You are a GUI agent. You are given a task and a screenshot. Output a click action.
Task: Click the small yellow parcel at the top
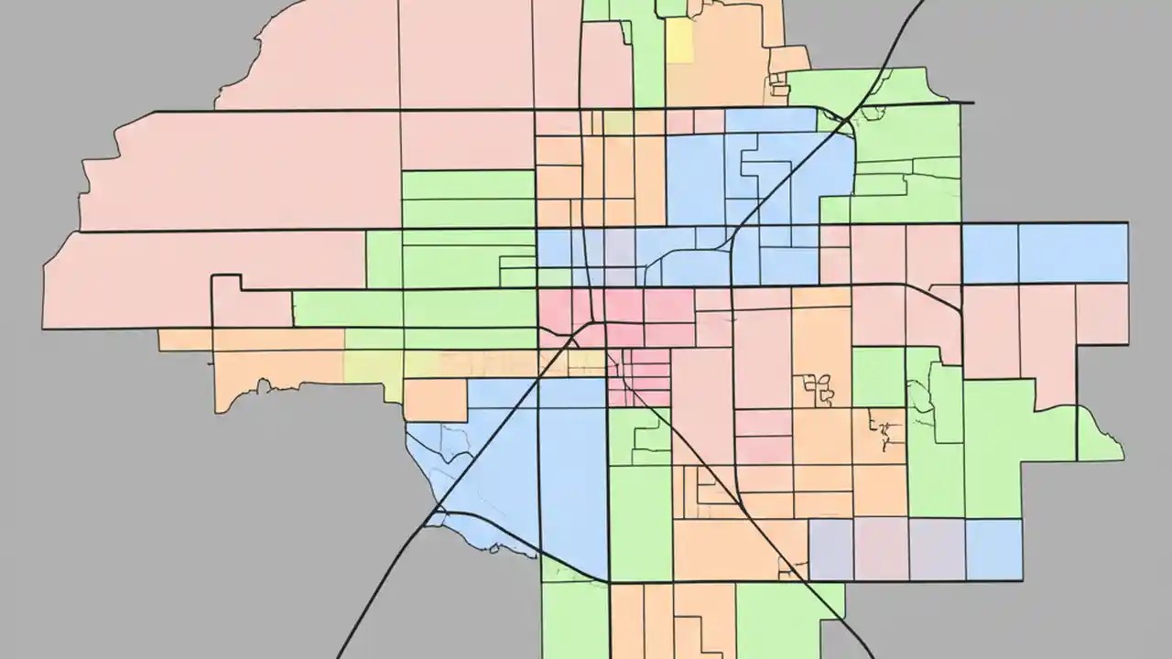pyautogui.click(x=678, y=40)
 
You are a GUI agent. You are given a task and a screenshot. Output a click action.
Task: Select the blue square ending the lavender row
pyautogui.click(x=994, y=548)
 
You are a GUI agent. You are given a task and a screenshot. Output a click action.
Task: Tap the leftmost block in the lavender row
pyautogui.click(x=830, y=549)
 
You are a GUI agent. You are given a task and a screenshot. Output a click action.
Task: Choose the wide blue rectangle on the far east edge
pyautogui.click(x=1072, y=253)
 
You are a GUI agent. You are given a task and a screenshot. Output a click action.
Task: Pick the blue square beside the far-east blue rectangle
pyautogui.click(x=990, y=254)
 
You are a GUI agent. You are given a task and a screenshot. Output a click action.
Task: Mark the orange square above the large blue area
pyautogui.click(x=436, y=400)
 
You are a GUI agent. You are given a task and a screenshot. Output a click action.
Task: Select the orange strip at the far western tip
pyautogui.click(x=184, y=340)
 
